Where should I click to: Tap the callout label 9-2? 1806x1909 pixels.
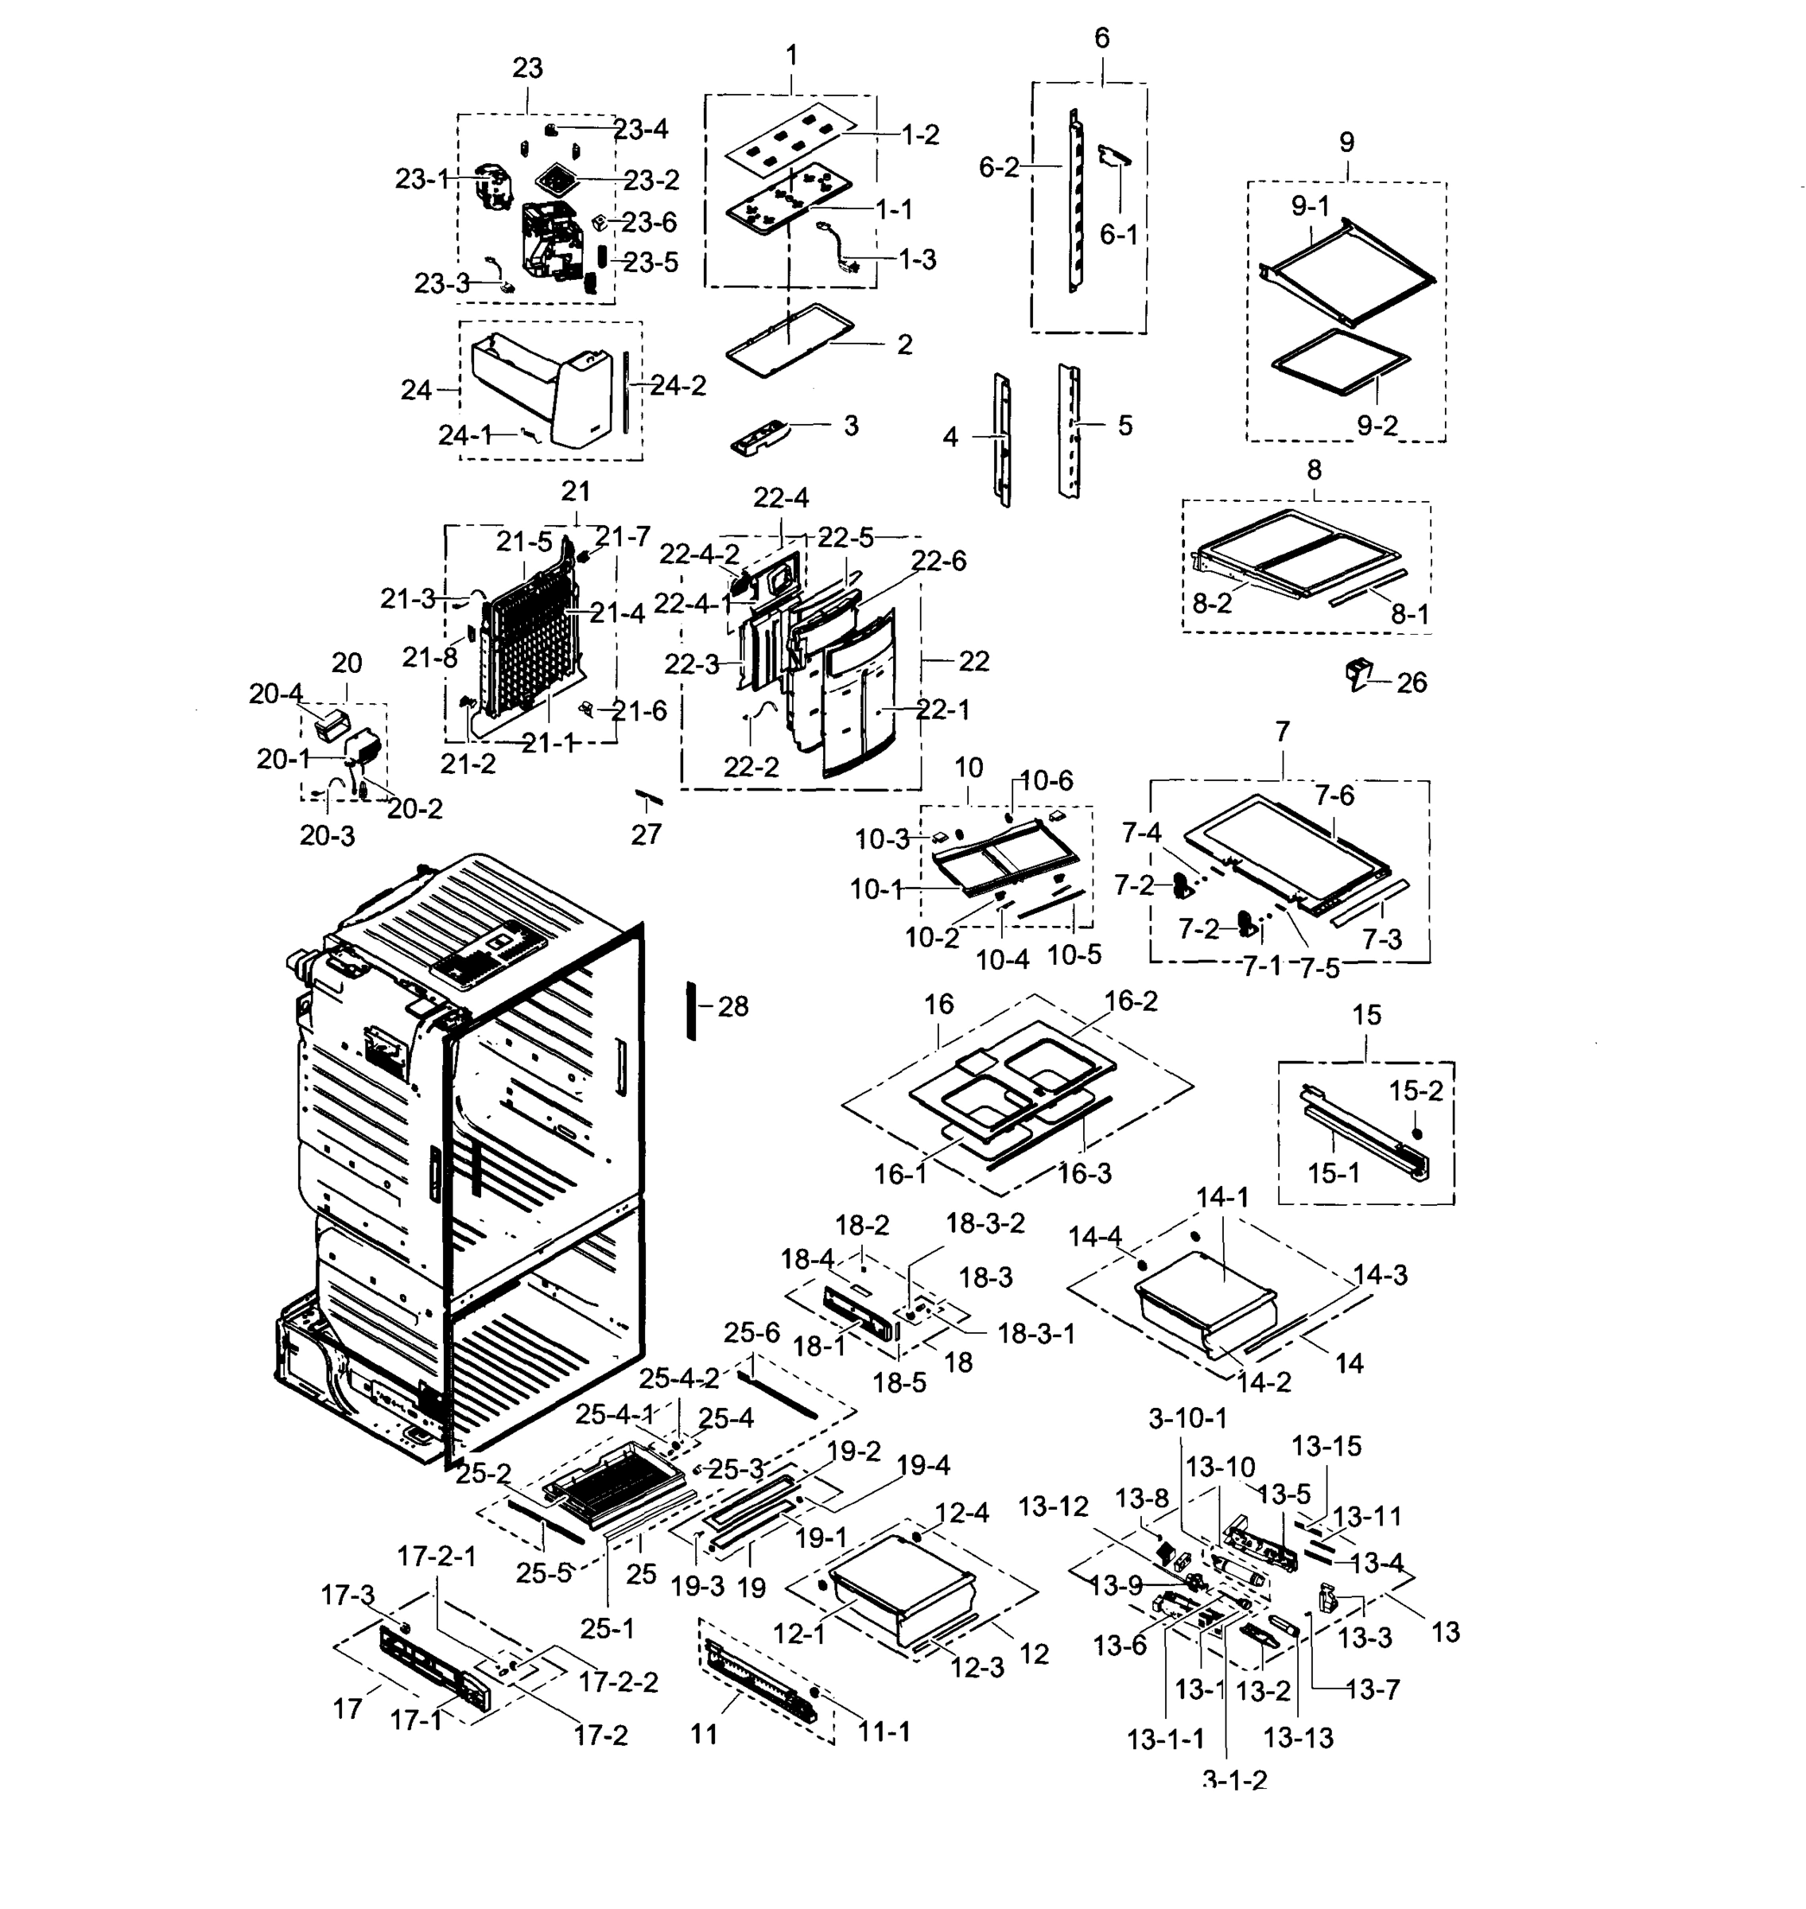pyautogui.click(x=1377, y=425)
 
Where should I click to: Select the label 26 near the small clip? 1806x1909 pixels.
pyautogui.click(x=1412, y=682)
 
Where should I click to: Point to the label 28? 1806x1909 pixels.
pyautogui.click(x=732, y=1007)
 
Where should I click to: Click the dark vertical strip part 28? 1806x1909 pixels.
pyautogui.click(x=690, y=1010)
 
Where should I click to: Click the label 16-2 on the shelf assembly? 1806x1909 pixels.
pyautogui.click(x=1130, y=1001)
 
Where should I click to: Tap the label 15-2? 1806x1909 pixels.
pyautogui.click(x=1416, y=1091)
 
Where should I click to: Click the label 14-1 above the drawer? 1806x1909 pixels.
pyautogui.click(x=1222, y=1198)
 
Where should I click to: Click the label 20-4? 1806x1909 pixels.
pyautogui.click(x=275, y=693)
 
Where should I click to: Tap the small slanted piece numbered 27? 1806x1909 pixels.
pyautogui.click(x=649, y=797)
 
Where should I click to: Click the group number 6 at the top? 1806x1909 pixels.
pyautogui.click(x=1101, y=38)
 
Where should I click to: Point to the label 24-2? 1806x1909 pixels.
pyautogui.click(x=678, y=386)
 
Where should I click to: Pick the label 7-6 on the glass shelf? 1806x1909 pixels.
pyautogui.click(x=1334, y=795)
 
